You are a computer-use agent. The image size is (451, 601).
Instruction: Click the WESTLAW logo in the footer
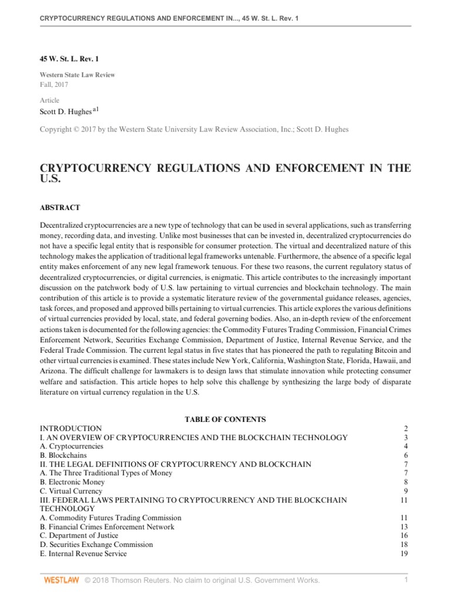point(62,580)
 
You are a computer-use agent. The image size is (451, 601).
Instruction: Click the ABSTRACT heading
point(60,208)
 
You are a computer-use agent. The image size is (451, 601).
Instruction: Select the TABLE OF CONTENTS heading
point(225,420)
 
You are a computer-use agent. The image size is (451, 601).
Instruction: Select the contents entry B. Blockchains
point(63,455)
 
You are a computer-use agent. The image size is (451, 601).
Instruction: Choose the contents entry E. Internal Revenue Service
point(83,553)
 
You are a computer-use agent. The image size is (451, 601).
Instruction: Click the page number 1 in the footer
point(406,580)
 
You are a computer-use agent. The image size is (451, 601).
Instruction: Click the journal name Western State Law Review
point(77,75)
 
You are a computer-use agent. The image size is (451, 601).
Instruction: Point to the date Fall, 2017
point(53,85)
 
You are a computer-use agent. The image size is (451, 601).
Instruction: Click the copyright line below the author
point(194,130)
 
